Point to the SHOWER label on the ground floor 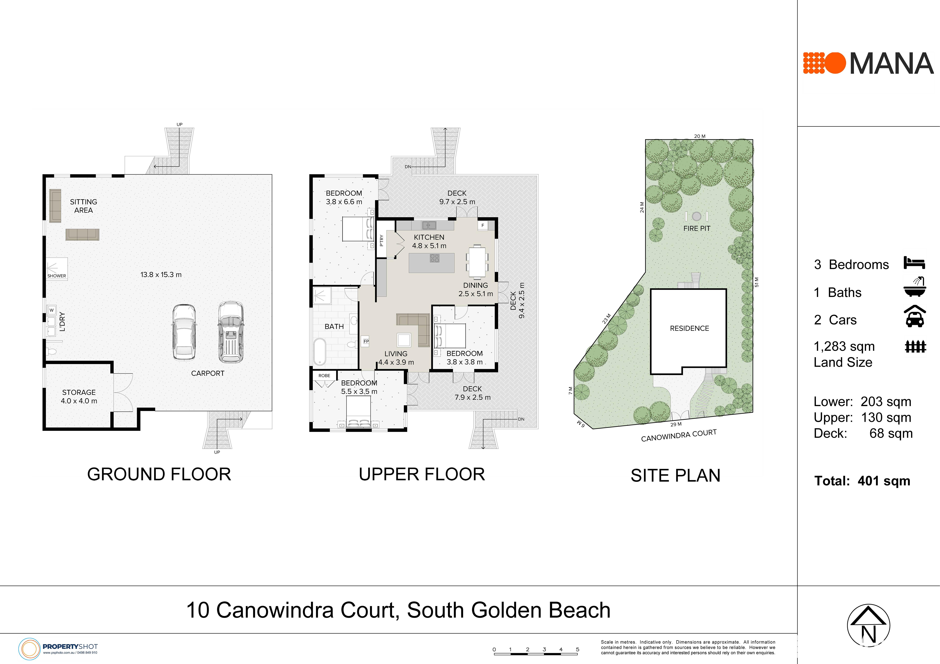56,276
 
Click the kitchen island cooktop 434,258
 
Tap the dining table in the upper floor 477,261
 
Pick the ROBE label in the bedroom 324,375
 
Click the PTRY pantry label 382,240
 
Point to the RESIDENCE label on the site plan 689,328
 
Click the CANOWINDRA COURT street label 679,435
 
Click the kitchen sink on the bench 429,225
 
